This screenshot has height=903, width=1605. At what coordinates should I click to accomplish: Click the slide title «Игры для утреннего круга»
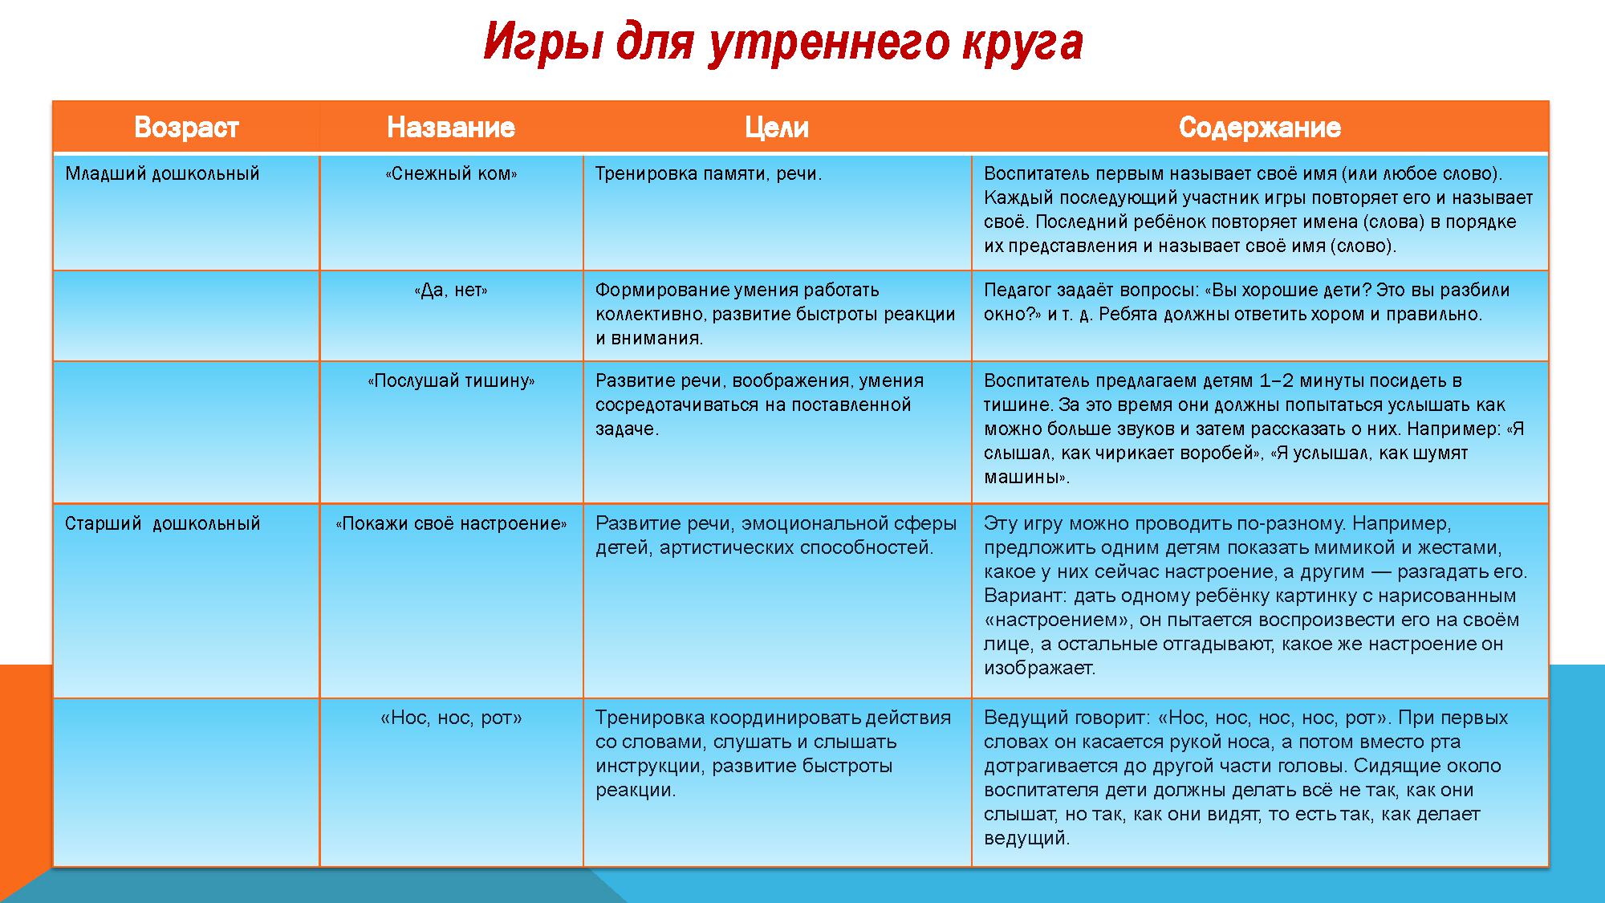[x=782, y=43]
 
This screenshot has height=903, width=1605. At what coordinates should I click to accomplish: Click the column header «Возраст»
[x=186, y=128]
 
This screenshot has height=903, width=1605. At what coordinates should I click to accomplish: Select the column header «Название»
[x=451, y=128]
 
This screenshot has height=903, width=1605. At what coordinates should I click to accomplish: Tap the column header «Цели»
[x=777, y=128]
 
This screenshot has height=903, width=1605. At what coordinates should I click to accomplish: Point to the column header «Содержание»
[x=1260, y=128]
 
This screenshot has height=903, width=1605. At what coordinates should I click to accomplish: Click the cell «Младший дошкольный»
[x=162, y=174]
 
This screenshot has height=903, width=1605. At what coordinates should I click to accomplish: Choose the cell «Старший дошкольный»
[x=163, y=524]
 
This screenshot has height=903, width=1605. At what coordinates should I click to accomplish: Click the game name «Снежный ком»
[x=451, y=174]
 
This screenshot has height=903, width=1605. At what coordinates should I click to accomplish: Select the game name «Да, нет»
[x=451, y=291]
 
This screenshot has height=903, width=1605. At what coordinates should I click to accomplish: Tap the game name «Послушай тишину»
[x=451, y=381]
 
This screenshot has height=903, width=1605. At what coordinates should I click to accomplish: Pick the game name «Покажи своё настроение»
[x=451, y=524]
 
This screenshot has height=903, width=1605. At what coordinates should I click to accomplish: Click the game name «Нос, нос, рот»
[x=451, y=718]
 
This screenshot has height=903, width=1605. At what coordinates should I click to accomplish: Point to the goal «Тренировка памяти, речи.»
[x=709, y=174]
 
